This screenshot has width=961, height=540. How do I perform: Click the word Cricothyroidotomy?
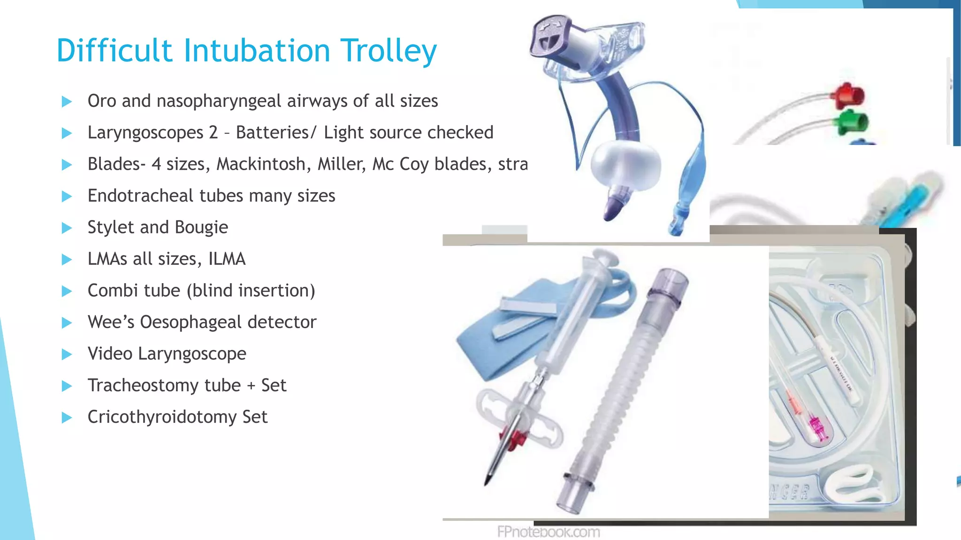[x=162, y=417]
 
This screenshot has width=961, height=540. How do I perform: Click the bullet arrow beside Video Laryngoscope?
[x=67, y=354]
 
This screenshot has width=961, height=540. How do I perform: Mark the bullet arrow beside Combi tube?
[x=67, y=291]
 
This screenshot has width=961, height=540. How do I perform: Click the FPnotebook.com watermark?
[x=548, y=532]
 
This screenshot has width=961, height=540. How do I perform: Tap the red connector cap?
[x=849, y=95]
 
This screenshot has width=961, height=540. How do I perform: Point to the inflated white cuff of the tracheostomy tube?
[x=625, y=165]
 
